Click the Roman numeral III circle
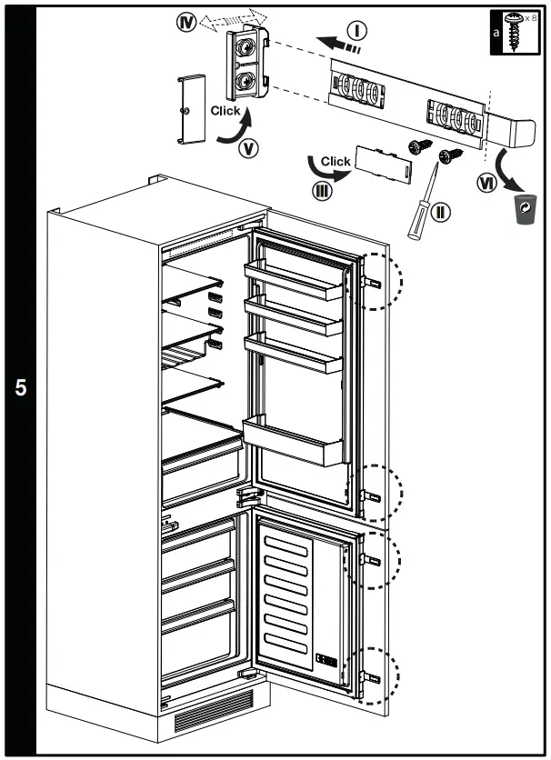tap(321, 190)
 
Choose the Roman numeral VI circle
tap(487, 183)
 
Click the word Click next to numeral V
tap(225, 111)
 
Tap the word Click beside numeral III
tap(336, 161)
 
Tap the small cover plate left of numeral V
tap(188, 108)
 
